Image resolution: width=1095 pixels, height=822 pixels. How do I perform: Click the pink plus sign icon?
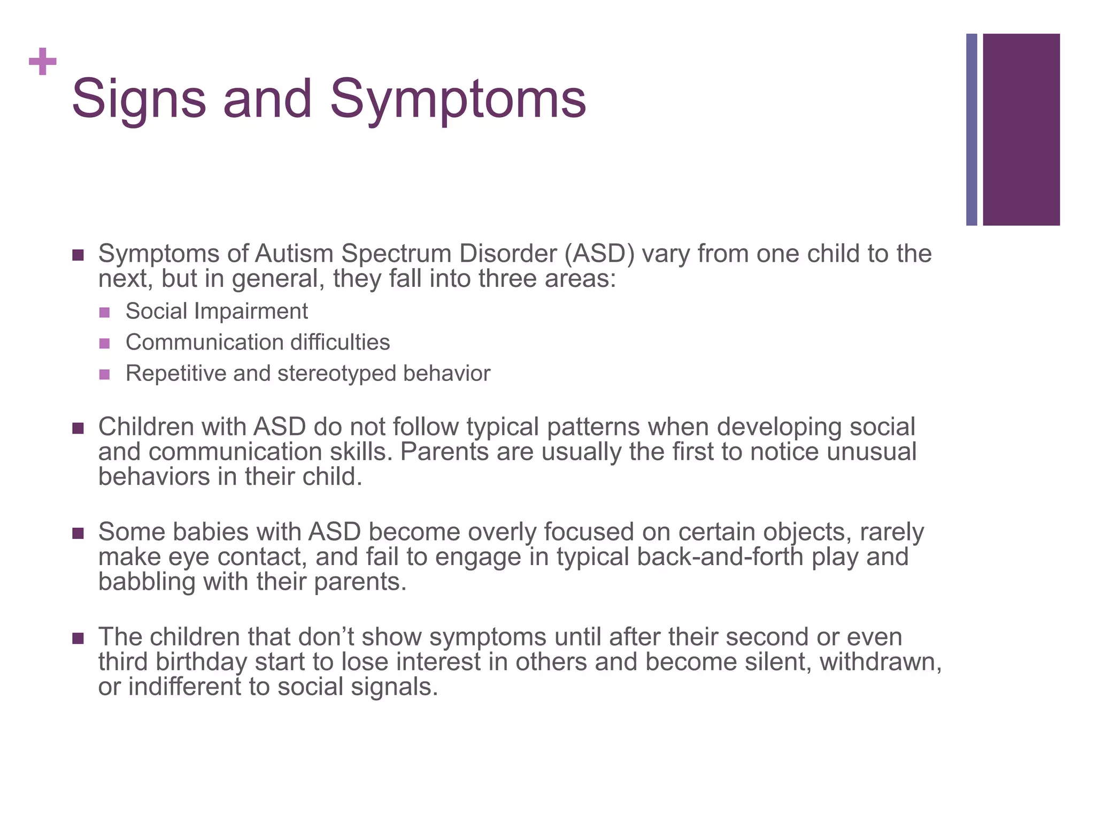point(43,62)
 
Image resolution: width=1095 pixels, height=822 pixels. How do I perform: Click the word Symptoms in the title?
point(458,100)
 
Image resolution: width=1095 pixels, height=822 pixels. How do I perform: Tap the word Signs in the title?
point(138,100)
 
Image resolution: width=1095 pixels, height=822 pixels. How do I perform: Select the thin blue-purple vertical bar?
point(971,130)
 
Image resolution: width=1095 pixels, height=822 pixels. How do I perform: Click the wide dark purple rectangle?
point(1021,130)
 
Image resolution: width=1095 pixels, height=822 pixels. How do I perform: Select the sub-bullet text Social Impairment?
point(217,311)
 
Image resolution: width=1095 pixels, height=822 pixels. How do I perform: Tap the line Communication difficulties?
point(258,342)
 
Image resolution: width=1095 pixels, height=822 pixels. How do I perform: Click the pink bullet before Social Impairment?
point(105,312)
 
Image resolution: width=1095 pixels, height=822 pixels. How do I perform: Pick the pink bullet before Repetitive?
point(105,374)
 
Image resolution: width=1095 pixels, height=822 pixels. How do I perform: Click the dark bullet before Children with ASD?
point(78,428)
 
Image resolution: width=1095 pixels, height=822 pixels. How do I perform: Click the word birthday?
point(201,662)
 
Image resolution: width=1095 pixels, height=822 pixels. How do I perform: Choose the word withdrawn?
point(880,662)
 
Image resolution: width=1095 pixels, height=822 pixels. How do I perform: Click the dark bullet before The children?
point(78,638)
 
